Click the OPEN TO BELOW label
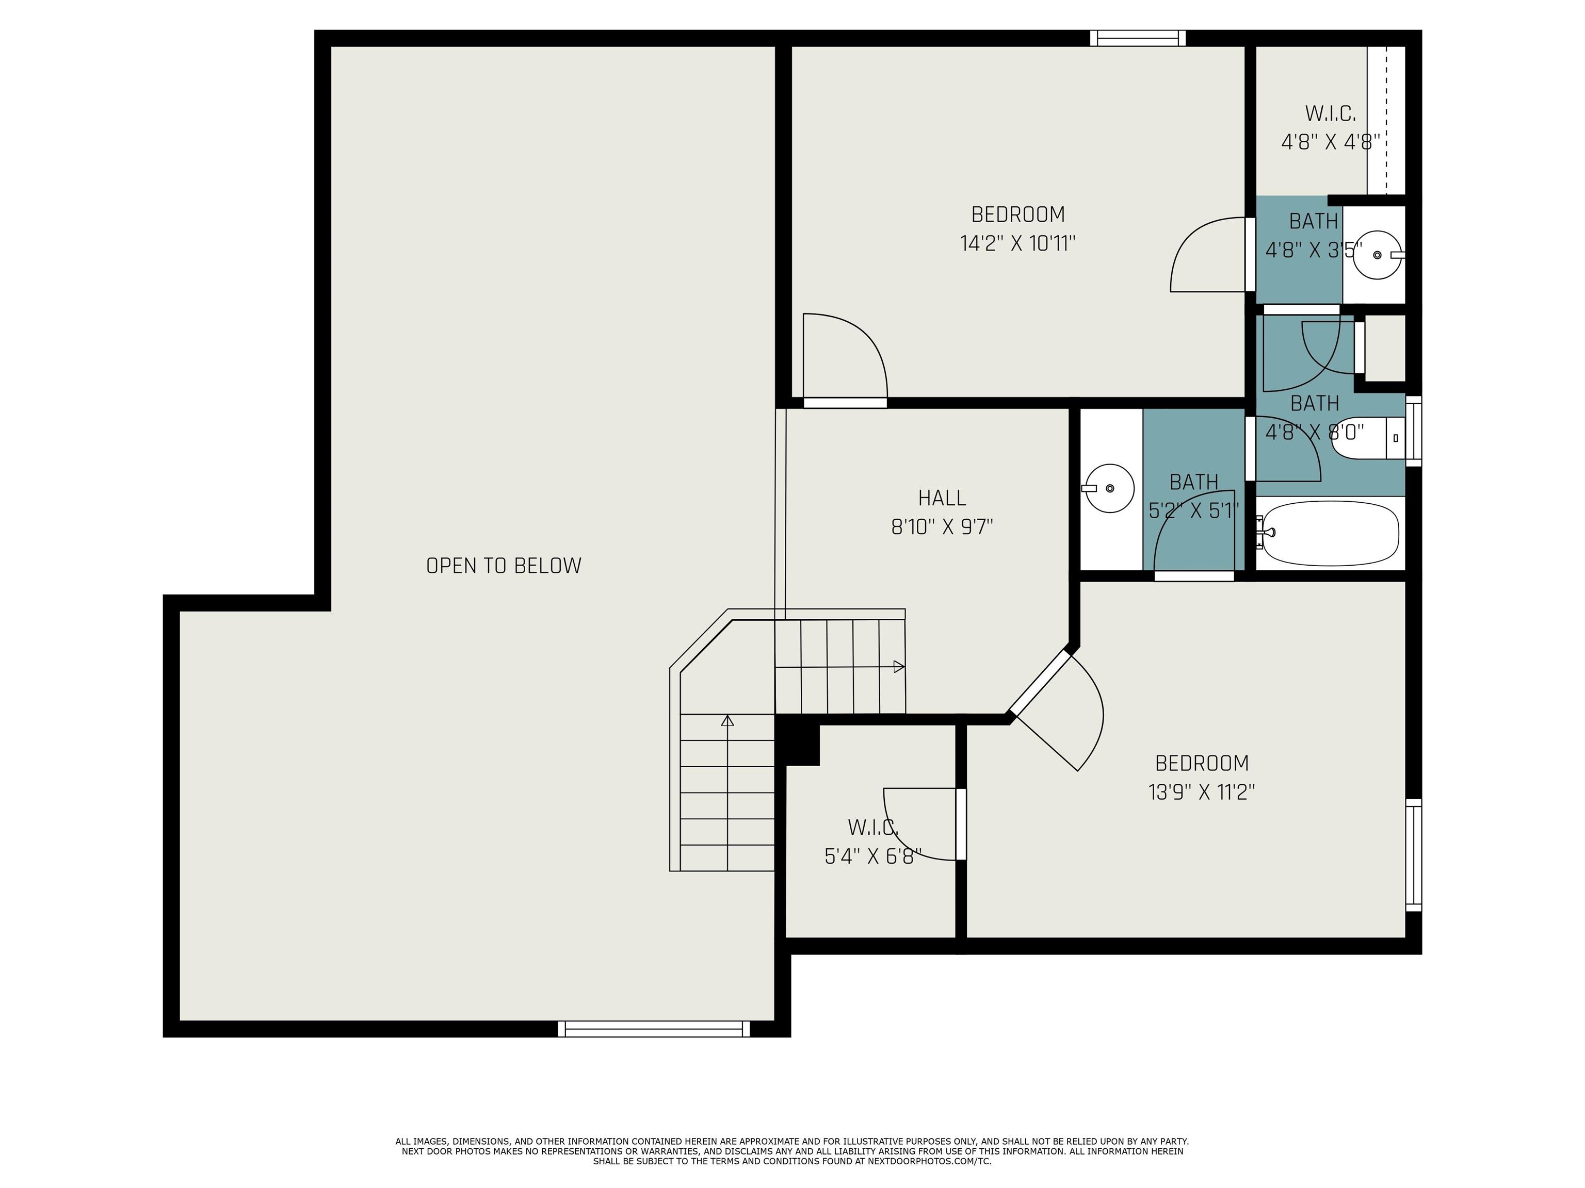504,566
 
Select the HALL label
942,498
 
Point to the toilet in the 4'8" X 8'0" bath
1365,438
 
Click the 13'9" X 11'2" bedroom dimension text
1201,793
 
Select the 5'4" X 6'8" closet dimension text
873,856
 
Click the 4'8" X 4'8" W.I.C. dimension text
1330,142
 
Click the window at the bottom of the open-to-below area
654,1029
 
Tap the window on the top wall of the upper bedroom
1137,38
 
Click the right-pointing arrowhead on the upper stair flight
899,667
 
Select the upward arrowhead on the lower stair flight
727,720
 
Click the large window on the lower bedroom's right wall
1413,856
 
